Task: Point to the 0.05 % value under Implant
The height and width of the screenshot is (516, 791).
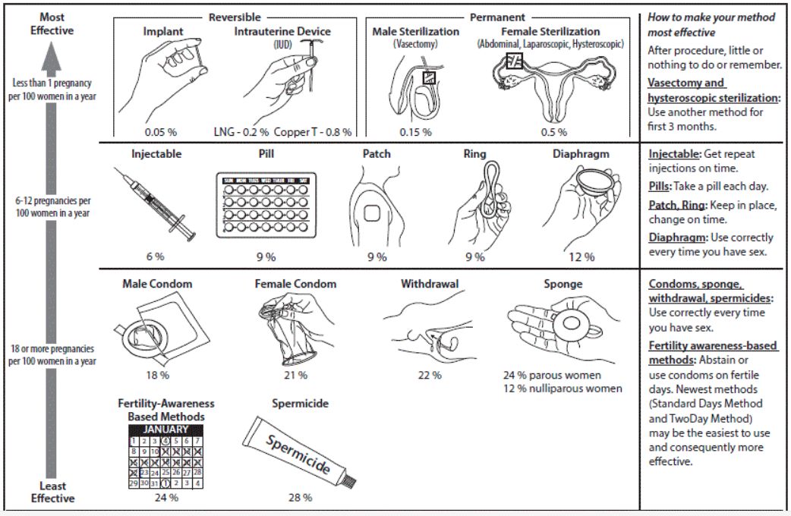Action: tap(162, 131)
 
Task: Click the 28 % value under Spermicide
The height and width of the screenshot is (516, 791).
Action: tap(300, 498)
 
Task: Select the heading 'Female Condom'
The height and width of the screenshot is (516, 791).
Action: tap(295, 285)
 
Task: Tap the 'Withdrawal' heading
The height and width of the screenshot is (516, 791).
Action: tap(430, 285)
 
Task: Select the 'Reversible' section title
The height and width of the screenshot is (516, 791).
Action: tap(235, 17)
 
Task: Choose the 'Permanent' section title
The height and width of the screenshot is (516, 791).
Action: tap(497, 17)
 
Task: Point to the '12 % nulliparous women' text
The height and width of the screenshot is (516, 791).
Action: tap(563, 389)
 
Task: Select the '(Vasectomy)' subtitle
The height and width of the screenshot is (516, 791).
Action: tap(415, 44)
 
